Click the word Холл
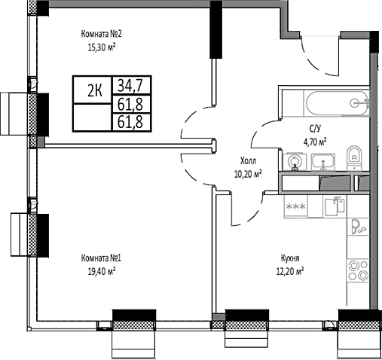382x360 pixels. tap(248, 160)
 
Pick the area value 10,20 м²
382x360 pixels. tap(248, 173)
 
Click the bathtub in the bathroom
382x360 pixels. tap(324, 101)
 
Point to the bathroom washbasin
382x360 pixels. tap(322, 160)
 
